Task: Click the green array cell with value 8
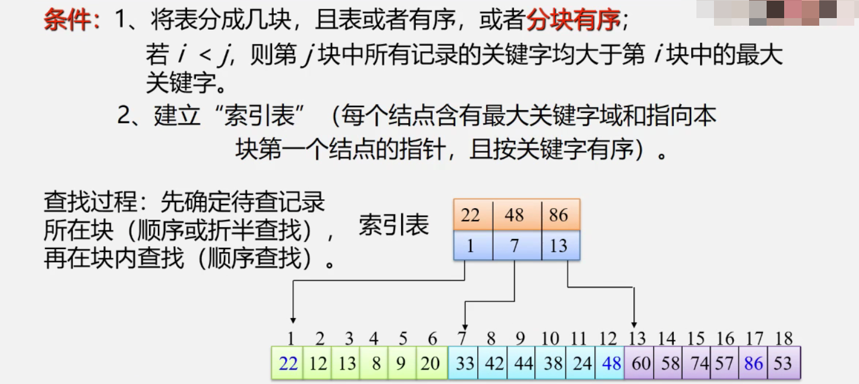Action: click(x=375, y=363)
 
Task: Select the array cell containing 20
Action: click(x=431, y=363)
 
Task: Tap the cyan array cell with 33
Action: click(x=464, y=363)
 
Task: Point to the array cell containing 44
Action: click(x=522, y=363)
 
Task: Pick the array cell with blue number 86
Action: click(x=753, y=363)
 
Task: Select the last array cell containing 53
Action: click(x=783, y=363)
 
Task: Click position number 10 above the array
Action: click(x=550, y=338)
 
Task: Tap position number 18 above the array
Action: click(x=783, y=338)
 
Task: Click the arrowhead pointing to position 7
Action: click(x=464, y=326)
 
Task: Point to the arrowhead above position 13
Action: click(x=634, y=324)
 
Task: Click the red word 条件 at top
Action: click(x=69, y=21)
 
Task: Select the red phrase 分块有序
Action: click(x=573, y=21)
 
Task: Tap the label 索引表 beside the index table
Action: click(x=394, y=225)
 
